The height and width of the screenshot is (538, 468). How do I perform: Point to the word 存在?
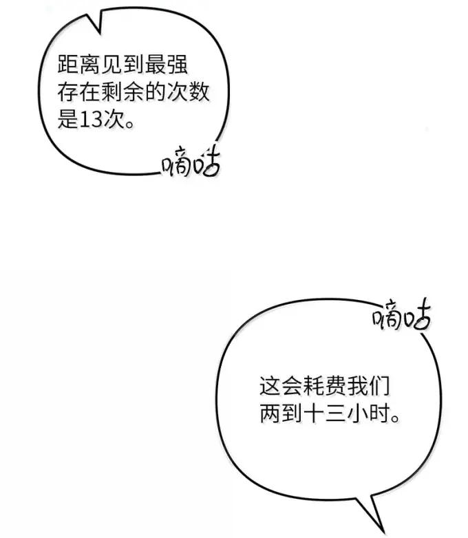coord(79,92)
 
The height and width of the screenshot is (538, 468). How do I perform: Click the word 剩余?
coord(123,92)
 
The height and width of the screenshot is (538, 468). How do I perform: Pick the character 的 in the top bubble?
coord(155,92)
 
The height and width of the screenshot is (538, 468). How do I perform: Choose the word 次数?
coord(187,92)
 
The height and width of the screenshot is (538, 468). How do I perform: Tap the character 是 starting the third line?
coord(68,120)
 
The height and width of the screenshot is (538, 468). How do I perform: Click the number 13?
coord(91,120)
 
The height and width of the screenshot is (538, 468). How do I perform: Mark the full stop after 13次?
coord(129,125)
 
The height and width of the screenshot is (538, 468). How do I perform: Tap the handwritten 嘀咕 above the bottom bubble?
coord(402,314)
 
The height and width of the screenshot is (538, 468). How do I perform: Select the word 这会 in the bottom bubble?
coord(281,385)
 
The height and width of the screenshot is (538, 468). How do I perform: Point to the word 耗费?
coord(324,385)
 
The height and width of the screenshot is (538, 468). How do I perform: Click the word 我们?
coord(368,385)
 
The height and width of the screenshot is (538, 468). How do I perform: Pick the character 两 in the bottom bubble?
coord(270,413)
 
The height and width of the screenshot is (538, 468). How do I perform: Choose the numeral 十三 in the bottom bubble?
coord(324,413)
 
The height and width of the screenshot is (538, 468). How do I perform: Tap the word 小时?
coord(368,413)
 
